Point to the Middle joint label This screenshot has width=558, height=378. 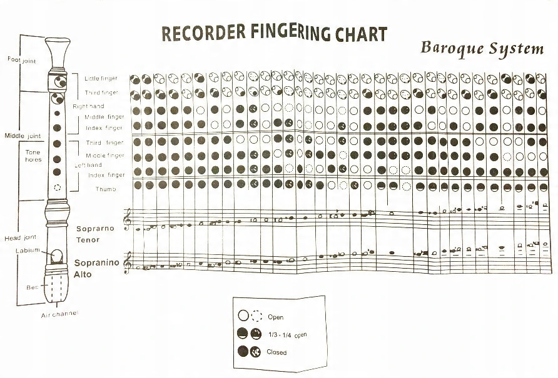click(x=23, y=136)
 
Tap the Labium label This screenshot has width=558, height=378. click(x=28, y=251)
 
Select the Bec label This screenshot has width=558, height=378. click(x=33, y=287)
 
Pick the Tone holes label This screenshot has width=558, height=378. click(x=33, y=156)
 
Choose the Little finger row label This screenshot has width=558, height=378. click(x=101, y=79)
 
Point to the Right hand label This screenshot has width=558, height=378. click(x=88, y=106)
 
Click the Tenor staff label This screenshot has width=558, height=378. click(x=89, y=240)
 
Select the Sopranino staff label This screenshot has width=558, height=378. click(x=96, y=263)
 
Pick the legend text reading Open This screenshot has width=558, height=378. click(x=275, y=317)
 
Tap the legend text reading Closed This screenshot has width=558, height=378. click(x=276, y=352)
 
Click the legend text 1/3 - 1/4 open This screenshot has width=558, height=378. click(x=287, y=335)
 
